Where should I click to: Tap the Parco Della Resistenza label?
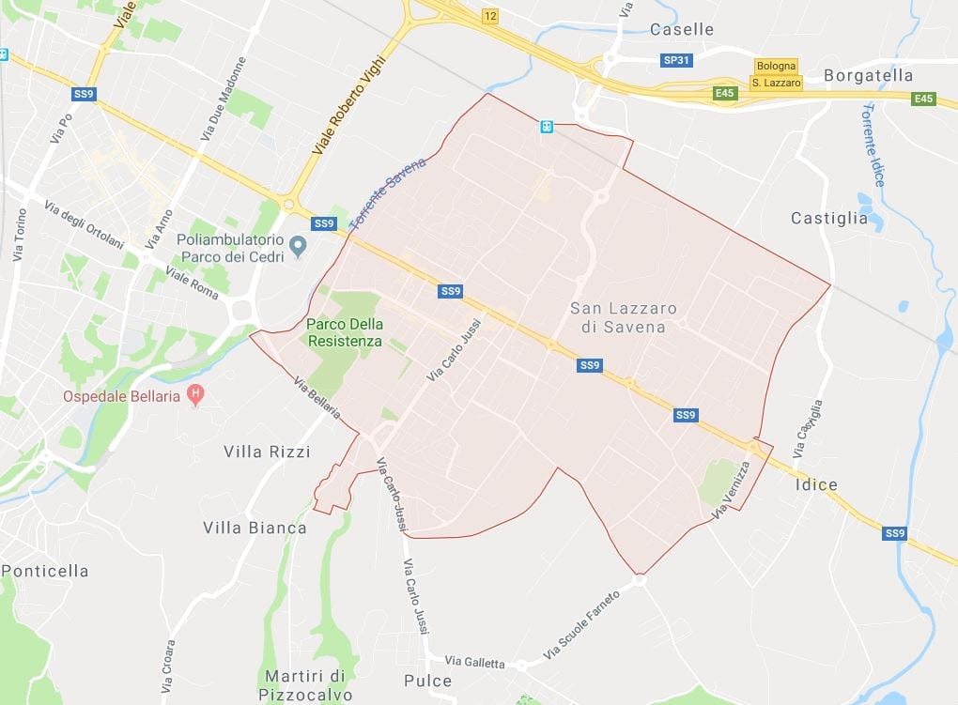point(345,332)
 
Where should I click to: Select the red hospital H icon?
point(195,394)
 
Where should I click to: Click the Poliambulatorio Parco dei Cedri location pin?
point(299,248)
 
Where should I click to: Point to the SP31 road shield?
point(675,60)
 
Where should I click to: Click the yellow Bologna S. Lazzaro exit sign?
point(776,74)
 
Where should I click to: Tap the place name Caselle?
point(682,29)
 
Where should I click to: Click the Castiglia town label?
point(829,218)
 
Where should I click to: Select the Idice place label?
point(814,484)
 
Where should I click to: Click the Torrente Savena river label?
point(387,193)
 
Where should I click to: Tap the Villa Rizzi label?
point(267,452)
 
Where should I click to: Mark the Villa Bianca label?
point(255,528)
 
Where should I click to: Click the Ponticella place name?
point(45,571)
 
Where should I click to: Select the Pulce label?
point(427,681)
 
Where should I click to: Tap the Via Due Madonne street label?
point(224,100)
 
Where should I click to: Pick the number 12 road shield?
point(489,16)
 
